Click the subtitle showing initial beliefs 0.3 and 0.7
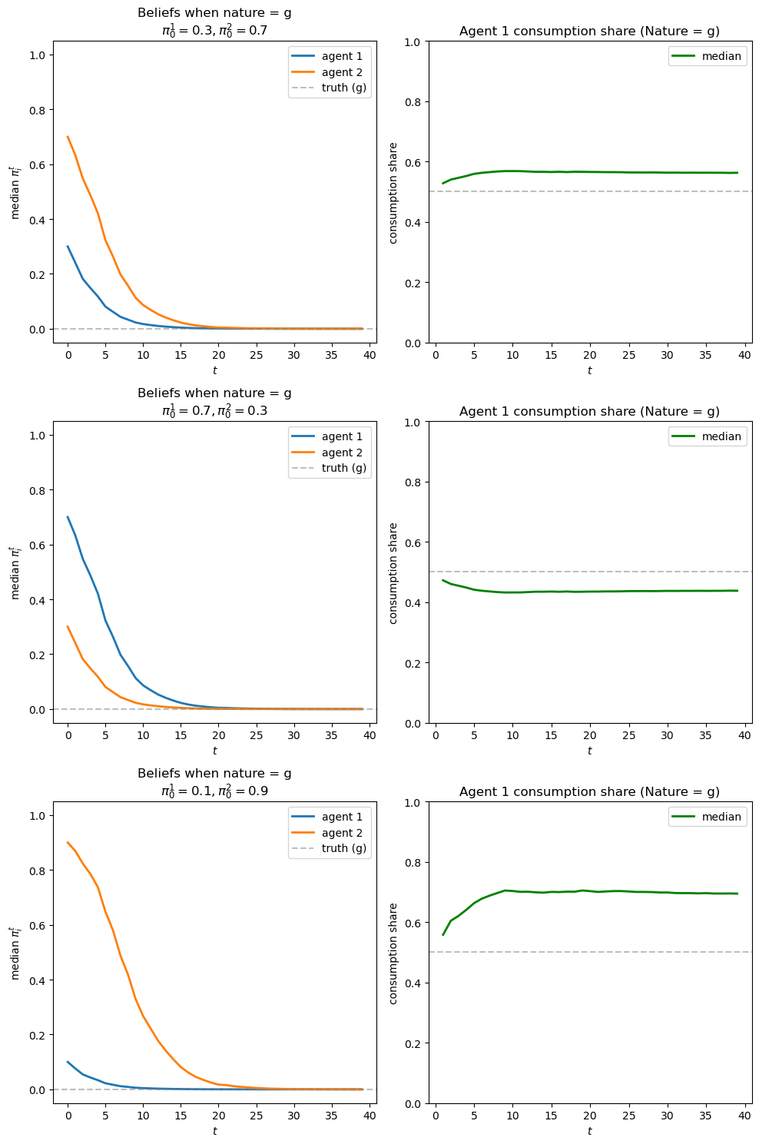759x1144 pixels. (214, 30)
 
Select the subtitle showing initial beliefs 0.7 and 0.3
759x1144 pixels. (214, 410)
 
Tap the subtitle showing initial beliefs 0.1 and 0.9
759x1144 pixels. (214, 791)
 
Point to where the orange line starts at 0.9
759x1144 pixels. (68, 842)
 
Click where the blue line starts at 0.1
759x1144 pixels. (68, 1062)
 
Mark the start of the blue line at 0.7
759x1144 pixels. (68, 517)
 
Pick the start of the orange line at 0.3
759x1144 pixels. (68, 627)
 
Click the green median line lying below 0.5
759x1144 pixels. (589, 591)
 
